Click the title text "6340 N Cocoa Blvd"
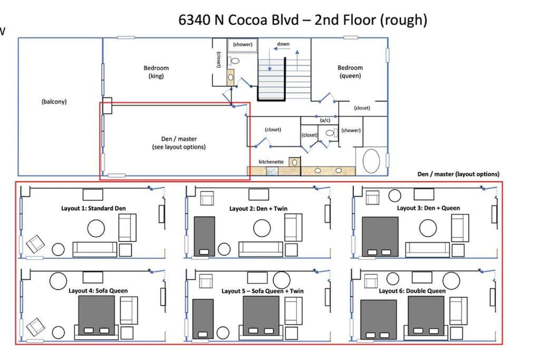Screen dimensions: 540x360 (x=238, y=20)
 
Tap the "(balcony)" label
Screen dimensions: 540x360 (x=54, y=102)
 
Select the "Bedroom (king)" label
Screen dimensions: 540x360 (x=156, y=72)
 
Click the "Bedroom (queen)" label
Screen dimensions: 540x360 (x=350, y=72)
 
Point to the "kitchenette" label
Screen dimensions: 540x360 (x=271, y=162)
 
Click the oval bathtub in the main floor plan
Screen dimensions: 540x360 (x=371, y=161)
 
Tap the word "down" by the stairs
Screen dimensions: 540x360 (x=283, y=44)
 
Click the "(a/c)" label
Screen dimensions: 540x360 (x=325, y=120)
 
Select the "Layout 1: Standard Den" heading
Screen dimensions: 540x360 (x=93, y=208)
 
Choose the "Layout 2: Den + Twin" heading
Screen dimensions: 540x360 (x=258, y=209)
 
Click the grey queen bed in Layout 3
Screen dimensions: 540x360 (x=380, y=237)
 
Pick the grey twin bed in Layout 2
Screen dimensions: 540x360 (x=204, y=237)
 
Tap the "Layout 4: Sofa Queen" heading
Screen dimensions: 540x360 (x=98, y=291)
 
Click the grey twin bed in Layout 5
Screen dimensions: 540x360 (x=203, y=319)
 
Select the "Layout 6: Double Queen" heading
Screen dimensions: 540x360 (x=412, y=291)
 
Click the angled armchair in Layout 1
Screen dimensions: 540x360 (x=35, y=244)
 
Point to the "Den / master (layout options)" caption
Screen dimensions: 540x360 (x=458, y=174)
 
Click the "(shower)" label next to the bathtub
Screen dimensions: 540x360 (x=351, y=130)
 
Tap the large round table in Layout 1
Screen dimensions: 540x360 (x=96, y=228)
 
